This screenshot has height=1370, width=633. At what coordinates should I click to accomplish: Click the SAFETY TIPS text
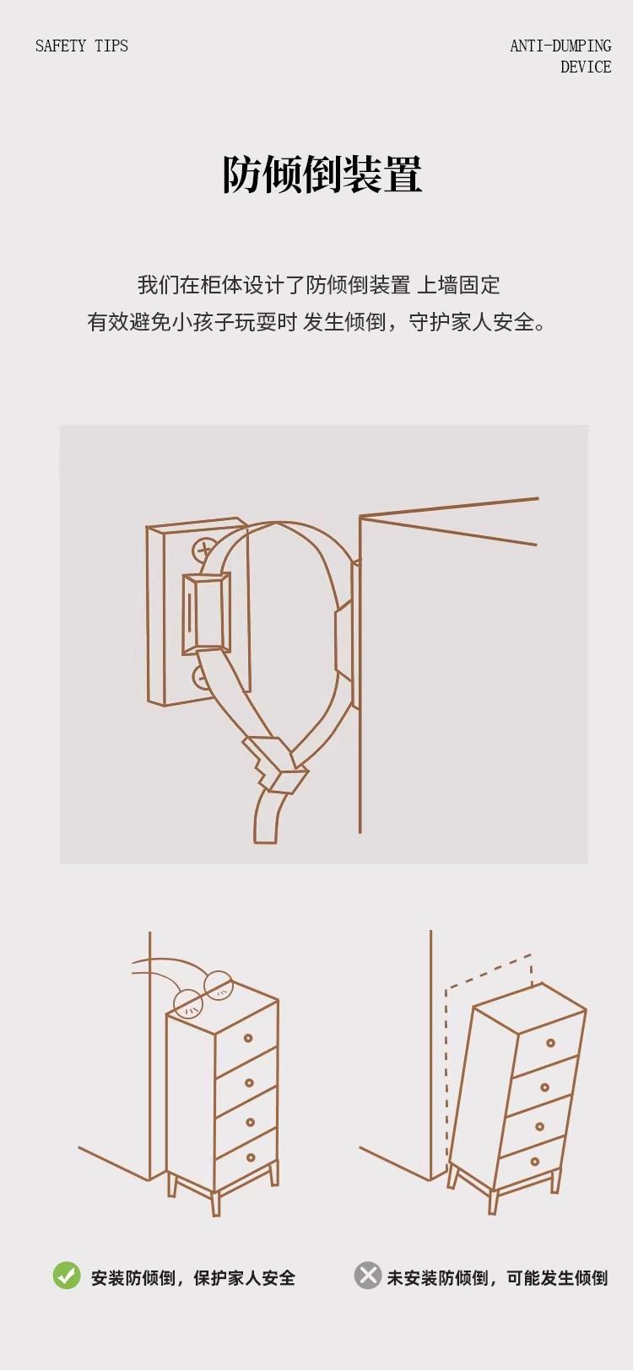point(81,46)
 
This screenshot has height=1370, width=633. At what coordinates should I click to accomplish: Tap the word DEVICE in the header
point(586,67)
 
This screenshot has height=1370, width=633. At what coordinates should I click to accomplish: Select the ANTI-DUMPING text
point(560,46)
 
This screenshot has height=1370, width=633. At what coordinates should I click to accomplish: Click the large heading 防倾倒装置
point(322,175)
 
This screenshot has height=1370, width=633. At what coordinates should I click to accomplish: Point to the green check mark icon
point(67,1276)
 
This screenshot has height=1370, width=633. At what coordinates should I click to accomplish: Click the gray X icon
point(367,1276)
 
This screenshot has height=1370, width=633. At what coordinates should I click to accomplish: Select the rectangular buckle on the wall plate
point(207,612)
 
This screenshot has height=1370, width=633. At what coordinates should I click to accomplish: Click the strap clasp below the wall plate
point(275,765)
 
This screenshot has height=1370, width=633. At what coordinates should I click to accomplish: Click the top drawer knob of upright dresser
point(248,1038)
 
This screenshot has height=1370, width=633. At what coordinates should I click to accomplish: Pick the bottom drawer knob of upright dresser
point(250,1158)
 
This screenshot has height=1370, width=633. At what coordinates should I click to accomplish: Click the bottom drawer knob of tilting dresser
point(534,1162)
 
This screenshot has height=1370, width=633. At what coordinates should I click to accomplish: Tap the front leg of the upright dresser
point(215,1203)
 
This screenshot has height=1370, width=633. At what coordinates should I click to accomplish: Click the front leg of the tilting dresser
point(494,1201)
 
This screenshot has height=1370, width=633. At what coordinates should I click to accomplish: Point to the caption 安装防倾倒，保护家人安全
point(193,1277)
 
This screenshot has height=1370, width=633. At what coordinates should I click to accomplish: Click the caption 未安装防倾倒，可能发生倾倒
point(497,1277)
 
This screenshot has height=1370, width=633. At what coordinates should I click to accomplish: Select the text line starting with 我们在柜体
point(318,285)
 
